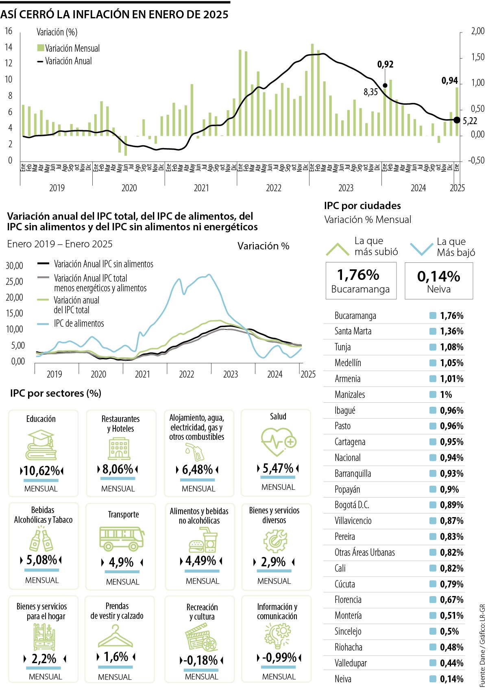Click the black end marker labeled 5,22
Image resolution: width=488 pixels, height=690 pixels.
pyautogui.click(x=457, y=120)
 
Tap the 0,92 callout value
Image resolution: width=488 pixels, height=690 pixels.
pyautogui.click(x=385, y=64)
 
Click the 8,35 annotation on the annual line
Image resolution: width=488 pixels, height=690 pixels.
pyautogui.click(x=370, y=92)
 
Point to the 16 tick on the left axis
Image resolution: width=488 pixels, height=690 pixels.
pyautogui.click(x=9, y=31)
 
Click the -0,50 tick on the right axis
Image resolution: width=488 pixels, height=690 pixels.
pyautogui.click(x=476, y=160)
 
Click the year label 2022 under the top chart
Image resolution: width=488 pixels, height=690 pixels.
pyautogui.click(x=274, y=188)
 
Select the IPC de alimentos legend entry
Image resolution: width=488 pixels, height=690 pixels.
pyautogui.click(x=78, y=323)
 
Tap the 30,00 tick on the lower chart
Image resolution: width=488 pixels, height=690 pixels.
pyautogui.click(x=14, y=266)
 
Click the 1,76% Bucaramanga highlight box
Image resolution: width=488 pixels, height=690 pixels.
pyautogui.click(x=361, y=281)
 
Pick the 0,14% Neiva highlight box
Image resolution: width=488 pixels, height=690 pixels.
pyautogui.click(x=439, y=281)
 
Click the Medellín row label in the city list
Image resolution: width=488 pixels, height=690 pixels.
pyautogui.click(x=348, y=363)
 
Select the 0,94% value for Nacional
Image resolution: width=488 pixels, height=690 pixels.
pyautogui.click(x=451, y=458)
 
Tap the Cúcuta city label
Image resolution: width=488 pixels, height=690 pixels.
pyautogui.click(x=344, y=584)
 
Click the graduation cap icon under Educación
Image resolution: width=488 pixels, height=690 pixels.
pyautogui.click(x=41, y=445)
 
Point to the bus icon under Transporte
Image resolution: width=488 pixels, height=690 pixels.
pyautogui.click(x=122, y=538)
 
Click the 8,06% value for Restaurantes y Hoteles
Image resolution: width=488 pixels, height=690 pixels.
pyautogui.click(x=118, y=469)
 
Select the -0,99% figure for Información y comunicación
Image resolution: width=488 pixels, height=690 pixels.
pyautogui.click(x=279, y=657)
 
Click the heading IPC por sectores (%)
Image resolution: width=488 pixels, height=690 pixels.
pyautogui.click(x=56, y=393)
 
